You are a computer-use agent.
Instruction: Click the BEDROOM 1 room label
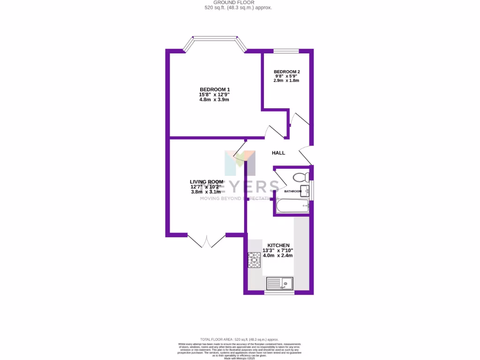click(215, 90)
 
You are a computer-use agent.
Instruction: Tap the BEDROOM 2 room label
click(286, 72)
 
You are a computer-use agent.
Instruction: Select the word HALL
click(278, 153)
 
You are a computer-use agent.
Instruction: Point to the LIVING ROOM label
click(206, 182)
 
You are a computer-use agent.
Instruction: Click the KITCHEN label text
click(278, 246)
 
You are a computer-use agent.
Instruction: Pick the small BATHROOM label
click(293, 191)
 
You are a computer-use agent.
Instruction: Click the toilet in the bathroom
click(300, 177)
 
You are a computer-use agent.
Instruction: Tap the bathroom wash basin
click(305, 190)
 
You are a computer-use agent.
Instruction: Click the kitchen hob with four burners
click(255, 260)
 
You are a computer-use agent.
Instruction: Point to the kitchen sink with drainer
click(280, 283)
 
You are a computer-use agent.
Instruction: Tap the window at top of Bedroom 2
click(286, 51)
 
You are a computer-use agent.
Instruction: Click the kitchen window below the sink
click(279, 293)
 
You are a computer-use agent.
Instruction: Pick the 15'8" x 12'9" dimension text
click(214, 95)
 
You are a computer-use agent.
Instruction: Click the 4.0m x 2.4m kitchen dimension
click(277, 255)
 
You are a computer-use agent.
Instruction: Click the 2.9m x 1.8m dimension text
click(286, 81)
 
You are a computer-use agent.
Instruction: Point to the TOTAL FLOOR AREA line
click(240, 339)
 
